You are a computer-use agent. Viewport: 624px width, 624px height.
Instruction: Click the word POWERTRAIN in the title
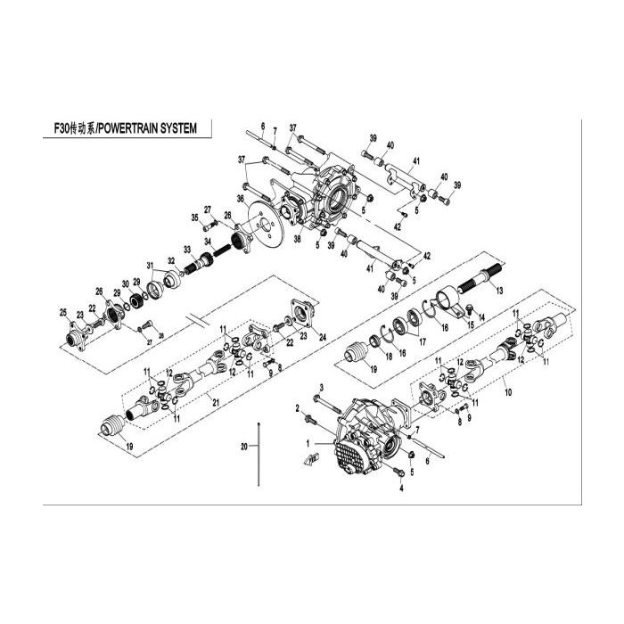(x=134, y=128)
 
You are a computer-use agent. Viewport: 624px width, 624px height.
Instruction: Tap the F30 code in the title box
(x=63, y=128)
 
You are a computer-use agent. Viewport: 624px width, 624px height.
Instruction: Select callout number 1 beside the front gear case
(x=308, y=443)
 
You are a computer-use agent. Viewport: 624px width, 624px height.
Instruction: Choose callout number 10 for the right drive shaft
(x=509, y=391)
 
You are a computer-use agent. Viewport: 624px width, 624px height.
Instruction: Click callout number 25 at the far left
(x=62, y=311)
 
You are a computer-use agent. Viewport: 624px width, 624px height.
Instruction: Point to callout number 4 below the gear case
(x=401, y=489)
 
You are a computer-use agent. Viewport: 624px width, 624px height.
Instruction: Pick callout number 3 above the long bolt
(x=320, y=386)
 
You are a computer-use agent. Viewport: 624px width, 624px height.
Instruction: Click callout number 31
(x=152, y=266)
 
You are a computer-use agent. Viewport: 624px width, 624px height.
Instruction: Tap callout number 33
(x=187, y=249)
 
